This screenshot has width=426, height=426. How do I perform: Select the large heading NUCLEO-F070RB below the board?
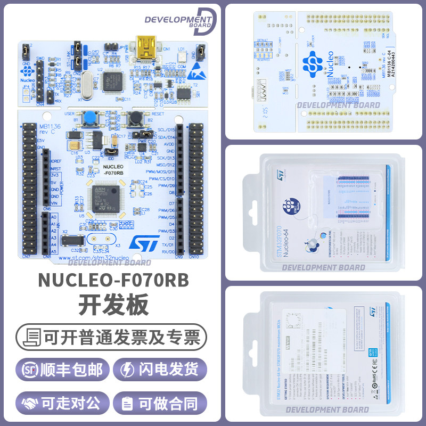click(113, 281)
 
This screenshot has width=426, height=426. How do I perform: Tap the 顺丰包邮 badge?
click(63, 370)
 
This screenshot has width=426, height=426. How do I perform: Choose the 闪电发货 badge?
click(162, 370)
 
